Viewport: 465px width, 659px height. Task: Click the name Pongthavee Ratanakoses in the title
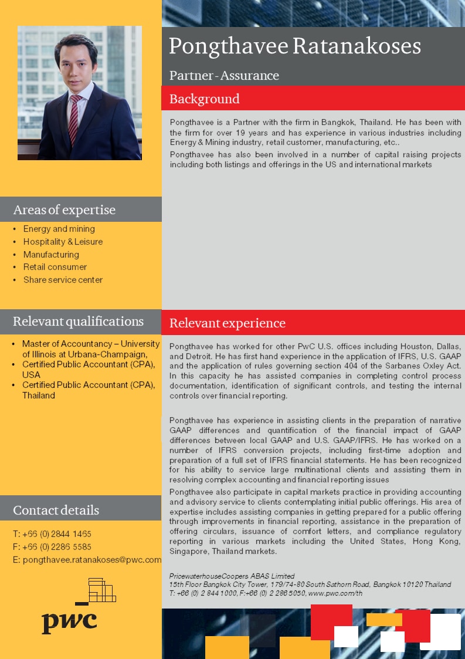(x=295, y=46)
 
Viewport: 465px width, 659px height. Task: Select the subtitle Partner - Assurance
(x=224, y=76)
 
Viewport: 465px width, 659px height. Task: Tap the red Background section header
(x=205, y=99)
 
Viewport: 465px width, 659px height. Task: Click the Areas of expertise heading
(x=65, y=209)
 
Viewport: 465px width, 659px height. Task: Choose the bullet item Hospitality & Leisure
(x=63, y=242)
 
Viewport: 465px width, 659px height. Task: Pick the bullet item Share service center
(x=63, y=280)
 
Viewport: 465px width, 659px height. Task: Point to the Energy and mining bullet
(x=59, y=229)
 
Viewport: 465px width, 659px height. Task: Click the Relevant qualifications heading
(x=78, y=321)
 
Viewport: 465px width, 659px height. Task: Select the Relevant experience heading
(x=228, y=323)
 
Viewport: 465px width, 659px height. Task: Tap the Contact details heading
(x=56, y=509)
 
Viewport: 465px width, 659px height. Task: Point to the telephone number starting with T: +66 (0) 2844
(x=52, y=534)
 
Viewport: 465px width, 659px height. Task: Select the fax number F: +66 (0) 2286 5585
(x=52, y=547)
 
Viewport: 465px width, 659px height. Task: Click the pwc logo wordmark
(x=69, y=621)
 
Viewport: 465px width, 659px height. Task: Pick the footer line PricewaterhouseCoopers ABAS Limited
(x=232, y=576)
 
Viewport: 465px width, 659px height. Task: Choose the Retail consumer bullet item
(x=55, y=267)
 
